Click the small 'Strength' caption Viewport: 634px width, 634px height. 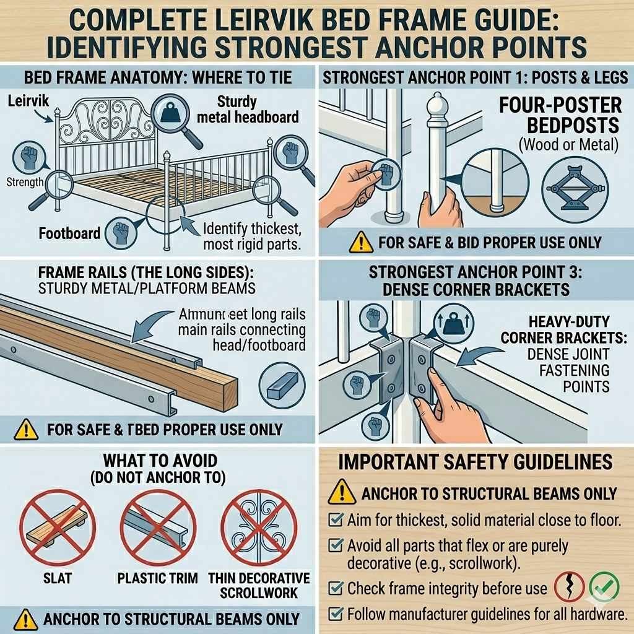[x=25, y=182]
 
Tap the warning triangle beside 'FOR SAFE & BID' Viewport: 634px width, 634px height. [x=361, y=243]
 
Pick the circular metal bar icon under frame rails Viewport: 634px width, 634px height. [x=281, y=384]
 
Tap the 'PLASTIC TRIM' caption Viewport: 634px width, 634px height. [x=157, y=579]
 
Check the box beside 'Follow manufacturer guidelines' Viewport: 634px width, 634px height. [x=336, y=614]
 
